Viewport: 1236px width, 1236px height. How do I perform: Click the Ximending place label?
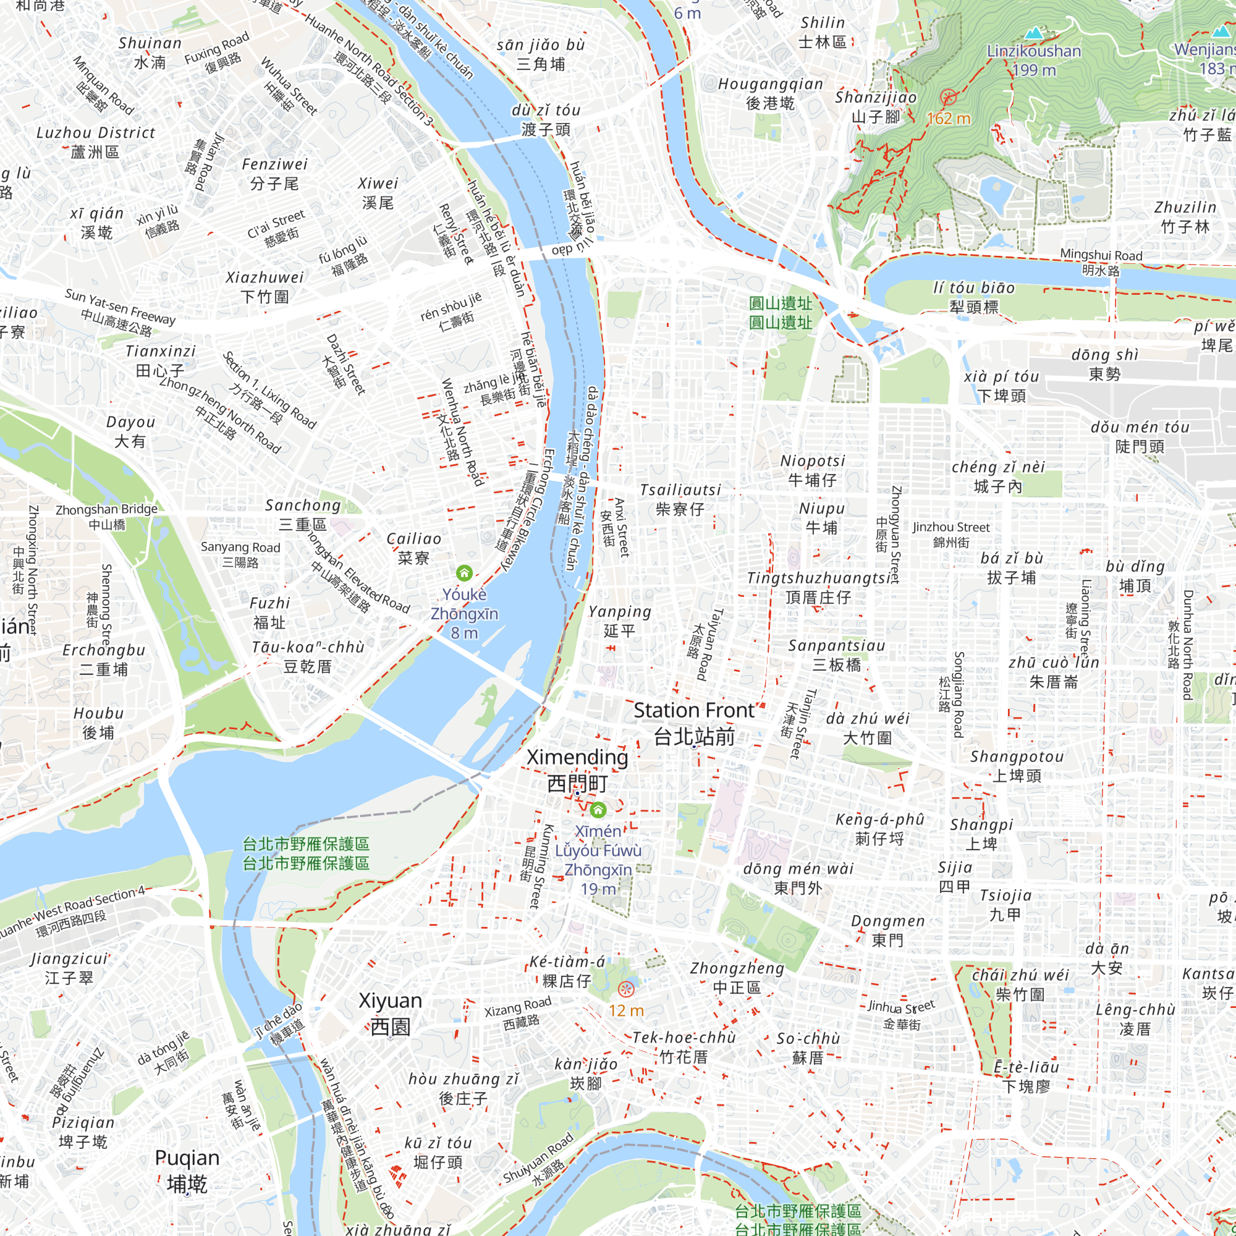point(577,769)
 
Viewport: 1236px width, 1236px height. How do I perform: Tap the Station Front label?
point(694,723)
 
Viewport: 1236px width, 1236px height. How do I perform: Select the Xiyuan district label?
point(390,1013)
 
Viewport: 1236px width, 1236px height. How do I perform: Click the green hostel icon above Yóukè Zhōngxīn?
point(464,573)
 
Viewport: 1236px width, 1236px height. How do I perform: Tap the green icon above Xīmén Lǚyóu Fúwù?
point(598,811)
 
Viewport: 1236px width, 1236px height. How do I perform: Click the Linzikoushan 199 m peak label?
point(1034,59)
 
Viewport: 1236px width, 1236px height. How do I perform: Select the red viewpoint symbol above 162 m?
point(948,98)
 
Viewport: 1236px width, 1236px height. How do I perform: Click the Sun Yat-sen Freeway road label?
point(120,312)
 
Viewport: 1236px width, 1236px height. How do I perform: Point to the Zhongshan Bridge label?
point(106,516)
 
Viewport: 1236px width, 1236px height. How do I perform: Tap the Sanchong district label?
point(303,514)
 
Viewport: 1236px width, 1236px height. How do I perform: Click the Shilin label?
point(822,32)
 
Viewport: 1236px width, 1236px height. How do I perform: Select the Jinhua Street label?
point(902,1015)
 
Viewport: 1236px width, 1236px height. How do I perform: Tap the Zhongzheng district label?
point(737,977)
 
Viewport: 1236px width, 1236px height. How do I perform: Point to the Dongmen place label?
point(887,930)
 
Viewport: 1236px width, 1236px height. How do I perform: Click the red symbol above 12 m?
point(626,989)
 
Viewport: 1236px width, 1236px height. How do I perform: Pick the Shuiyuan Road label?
point(538,1160)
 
